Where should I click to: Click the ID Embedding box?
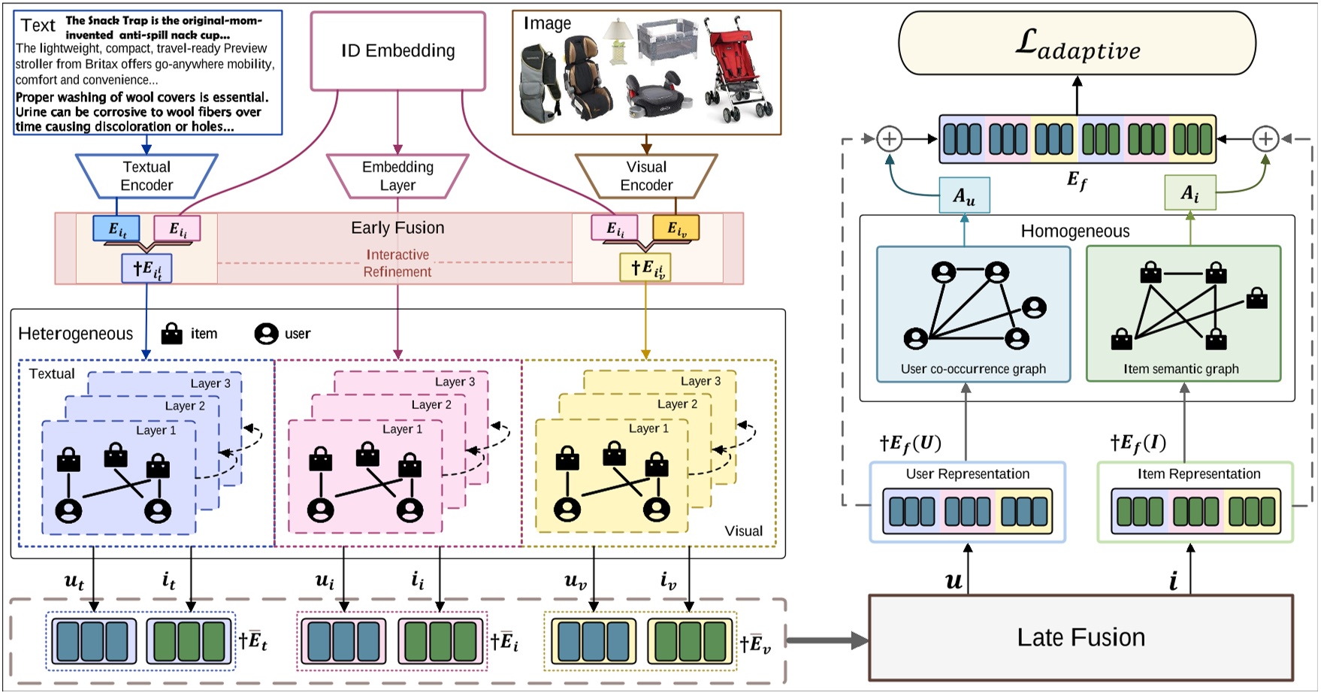click(x=398, y=50)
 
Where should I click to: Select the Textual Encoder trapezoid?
click(x=147, y=176)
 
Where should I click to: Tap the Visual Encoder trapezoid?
click(x=646, y=176)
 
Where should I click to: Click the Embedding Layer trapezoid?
click(x=398, y=176)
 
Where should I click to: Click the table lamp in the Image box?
click(x=618, y=41)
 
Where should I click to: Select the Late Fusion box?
click(x=1081, y=637)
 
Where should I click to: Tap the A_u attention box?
click(x=964, y=196)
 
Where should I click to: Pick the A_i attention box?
click(x=1190, y=193)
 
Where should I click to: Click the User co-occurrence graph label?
click(x=973, y=369)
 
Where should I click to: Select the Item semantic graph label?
click(x=1181, y=369)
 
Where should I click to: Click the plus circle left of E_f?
click(x=890, y=139)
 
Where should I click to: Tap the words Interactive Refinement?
click(x=398, y=263)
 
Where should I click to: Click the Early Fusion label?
click(x=398, y=228)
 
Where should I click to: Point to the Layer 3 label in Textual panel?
click(x=210, y=383)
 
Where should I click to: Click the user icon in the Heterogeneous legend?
click(x=266, y=333)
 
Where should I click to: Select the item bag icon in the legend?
click(x=172, y=333)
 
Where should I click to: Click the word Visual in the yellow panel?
click(x=743, y=531)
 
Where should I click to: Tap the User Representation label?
click(x=967, y=474)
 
